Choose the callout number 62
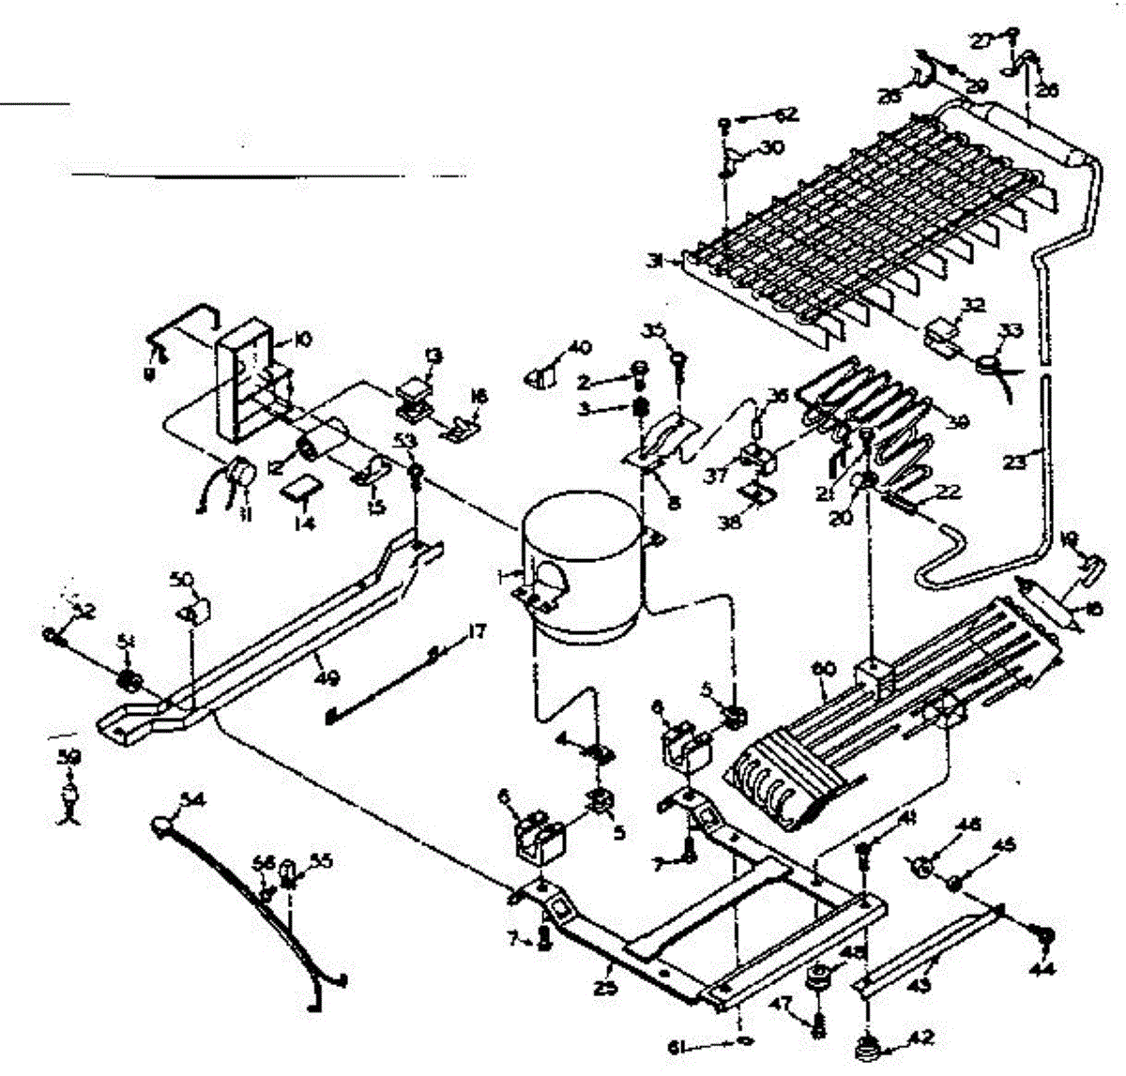785,115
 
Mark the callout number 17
477,632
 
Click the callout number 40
580,348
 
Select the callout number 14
302,524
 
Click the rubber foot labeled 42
866,1043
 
